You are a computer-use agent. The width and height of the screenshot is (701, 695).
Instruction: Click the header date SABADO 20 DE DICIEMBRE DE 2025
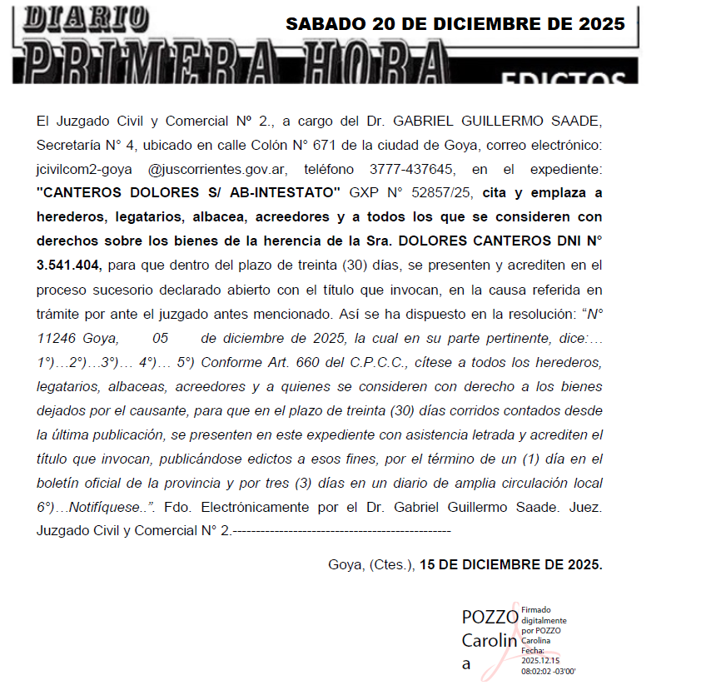click(455, 24)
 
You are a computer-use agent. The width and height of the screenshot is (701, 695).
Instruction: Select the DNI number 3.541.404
click(67, 266)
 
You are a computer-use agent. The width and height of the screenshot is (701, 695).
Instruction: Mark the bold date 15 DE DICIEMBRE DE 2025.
click(510, 564)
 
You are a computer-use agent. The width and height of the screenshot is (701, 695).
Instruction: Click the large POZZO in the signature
click(490, 617)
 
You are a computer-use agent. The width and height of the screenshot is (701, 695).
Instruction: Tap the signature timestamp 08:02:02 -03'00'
click(549, 670)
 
